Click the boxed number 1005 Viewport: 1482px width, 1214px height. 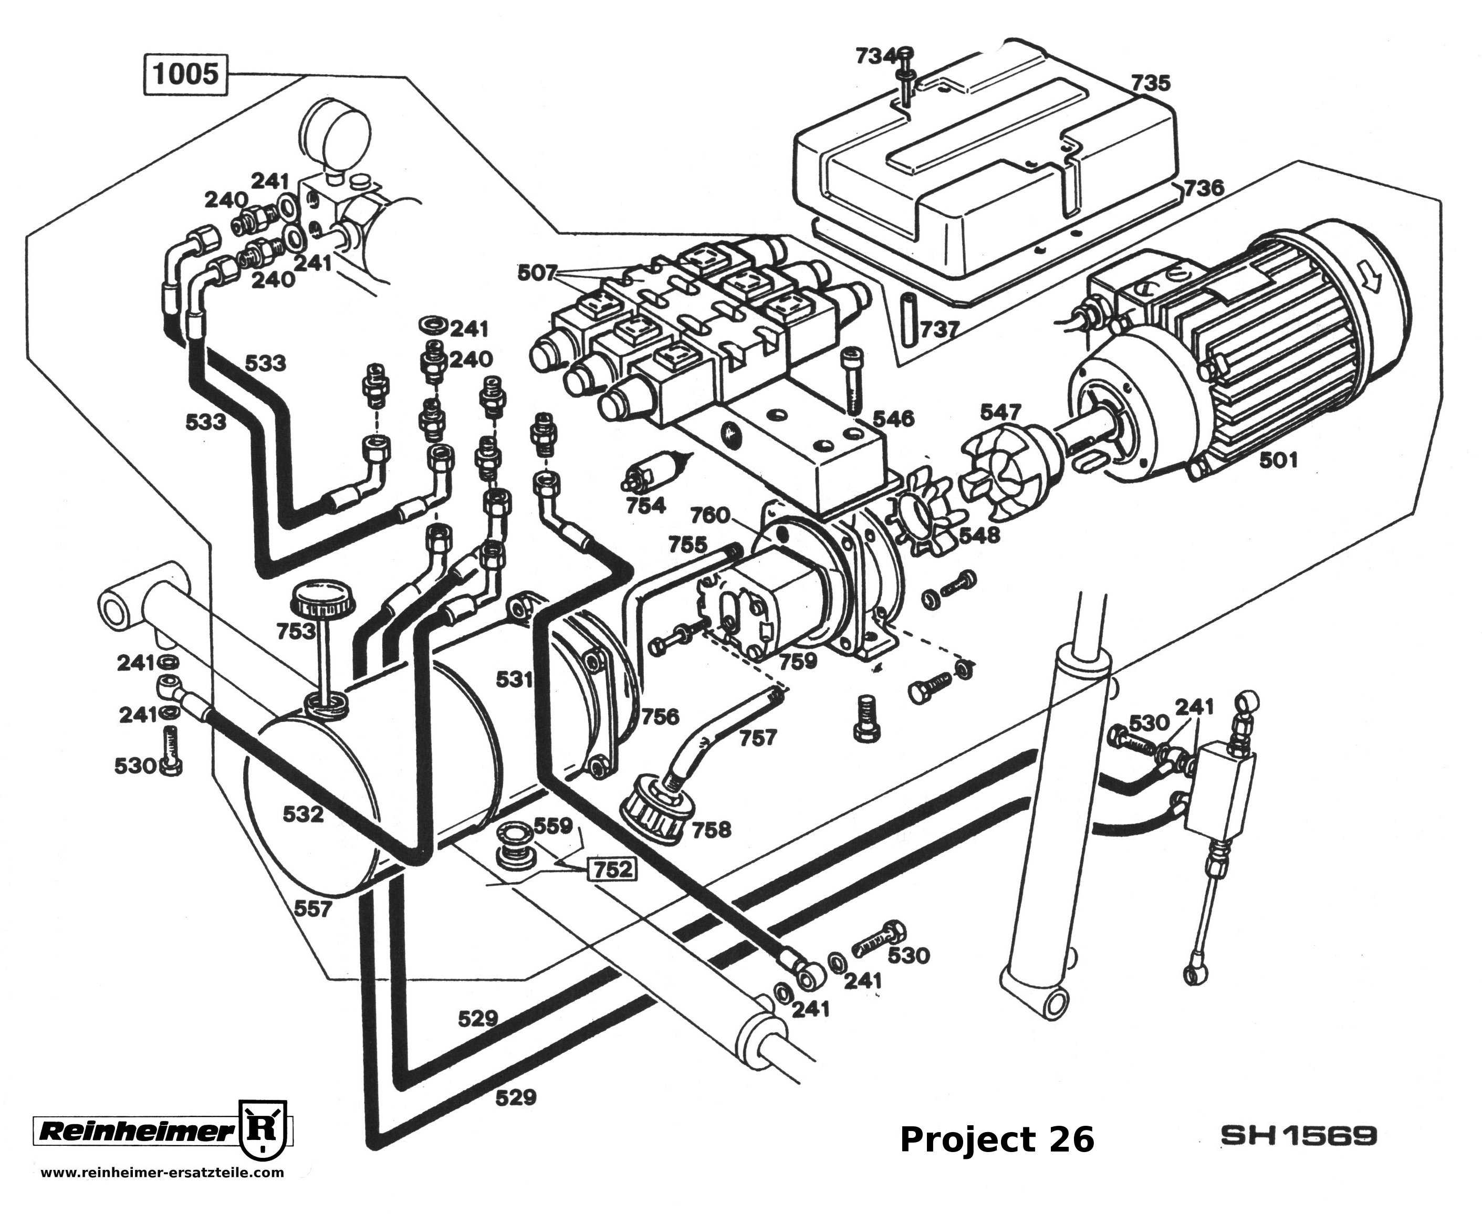(x=185, y=74)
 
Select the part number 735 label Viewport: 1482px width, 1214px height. (x=1151, y=82)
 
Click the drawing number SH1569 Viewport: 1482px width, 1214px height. (x=1298, y=1136)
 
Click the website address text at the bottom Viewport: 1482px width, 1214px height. (x=162, y=1173)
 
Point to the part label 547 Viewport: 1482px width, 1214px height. (x=1001, y=412)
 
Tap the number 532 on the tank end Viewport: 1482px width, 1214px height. (x=303, y=813)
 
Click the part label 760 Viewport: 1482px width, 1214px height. (x=710, y=516)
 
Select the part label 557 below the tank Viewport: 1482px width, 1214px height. (x=312, y=909)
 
